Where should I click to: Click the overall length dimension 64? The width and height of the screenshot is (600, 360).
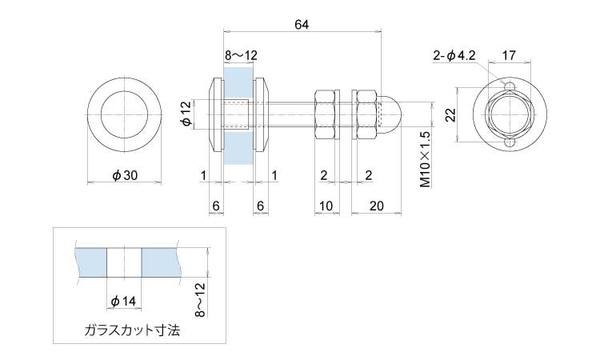tap(302, 25)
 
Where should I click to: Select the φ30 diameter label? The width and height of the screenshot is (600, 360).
tap(124, 175)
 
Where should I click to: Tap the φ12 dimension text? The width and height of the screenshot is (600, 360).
tap(186, 114)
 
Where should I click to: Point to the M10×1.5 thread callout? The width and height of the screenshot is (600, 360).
tap(426, 159)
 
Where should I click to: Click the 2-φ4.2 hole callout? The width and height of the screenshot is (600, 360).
tap(454, 56)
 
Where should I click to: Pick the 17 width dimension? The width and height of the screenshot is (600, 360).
tap(509, 56)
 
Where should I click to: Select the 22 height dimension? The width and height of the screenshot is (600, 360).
tap(451, 114)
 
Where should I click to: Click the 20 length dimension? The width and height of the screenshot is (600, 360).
tap(377, 206)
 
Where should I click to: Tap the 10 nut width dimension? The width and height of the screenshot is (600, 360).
tap(326, 206)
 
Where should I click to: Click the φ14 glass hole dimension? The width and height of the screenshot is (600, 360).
tap(123, 301)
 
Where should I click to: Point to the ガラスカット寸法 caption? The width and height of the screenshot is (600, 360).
tap(132, 330)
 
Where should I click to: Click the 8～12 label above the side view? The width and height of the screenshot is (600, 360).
tap(241, 56)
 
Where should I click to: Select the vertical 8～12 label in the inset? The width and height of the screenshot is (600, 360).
tap(200, 300)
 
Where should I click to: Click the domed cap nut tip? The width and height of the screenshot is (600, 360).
tap(401, 114)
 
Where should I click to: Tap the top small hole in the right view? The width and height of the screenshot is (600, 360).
tap(510, 86)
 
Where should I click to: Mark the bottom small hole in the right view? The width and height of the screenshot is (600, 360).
tap(510, 142)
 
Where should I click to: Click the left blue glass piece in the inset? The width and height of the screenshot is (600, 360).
tap(92, 262)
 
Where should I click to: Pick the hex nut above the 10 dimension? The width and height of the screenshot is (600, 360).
tap(325, 114)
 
